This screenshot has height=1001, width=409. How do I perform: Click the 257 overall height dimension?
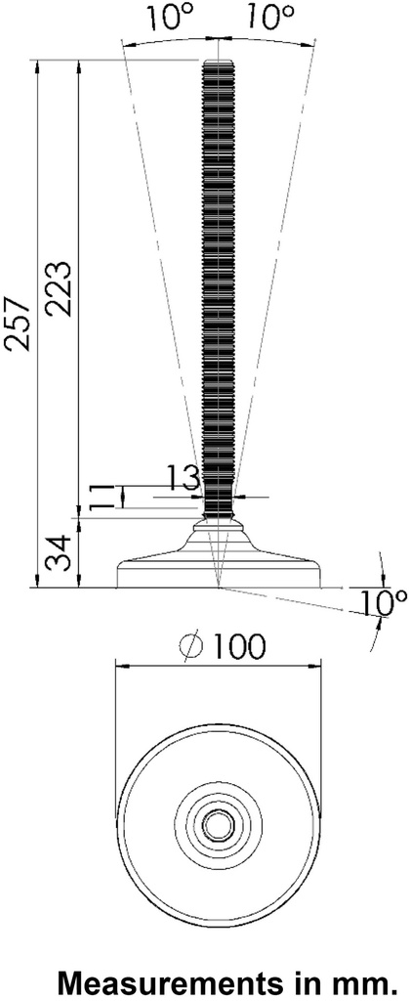coord(19,323)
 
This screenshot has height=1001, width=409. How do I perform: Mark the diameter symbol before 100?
coord(192,646)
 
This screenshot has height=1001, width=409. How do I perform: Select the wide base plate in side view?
coord(219,573)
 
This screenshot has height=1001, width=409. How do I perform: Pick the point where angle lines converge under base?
coord(220,588)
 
